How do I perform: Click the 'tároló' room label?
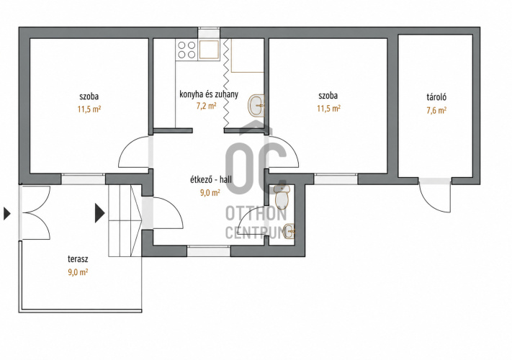436,97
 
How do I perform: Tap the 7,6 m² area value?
436,110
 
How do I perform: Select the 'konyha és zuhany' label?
209,94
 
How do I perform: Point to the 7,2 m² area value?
206,106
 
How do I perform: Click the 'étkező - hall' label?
210,179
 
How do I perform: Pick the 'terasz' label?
78,259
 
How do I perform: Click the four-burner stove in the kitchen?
187,50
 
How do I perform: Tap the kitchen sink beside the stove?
209,50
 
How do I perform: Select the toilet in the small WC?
281,197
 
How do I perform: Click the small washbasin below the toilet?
289,231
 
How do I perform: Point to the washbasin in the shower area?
256,105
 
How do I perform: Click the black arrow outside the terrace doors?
7,214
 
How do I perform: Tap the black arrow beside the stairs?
100,213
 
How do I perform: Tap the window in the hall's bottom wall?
209,251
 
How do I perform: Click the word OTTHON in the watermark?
256,213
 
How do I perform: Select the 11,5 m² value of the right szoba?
329,108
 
